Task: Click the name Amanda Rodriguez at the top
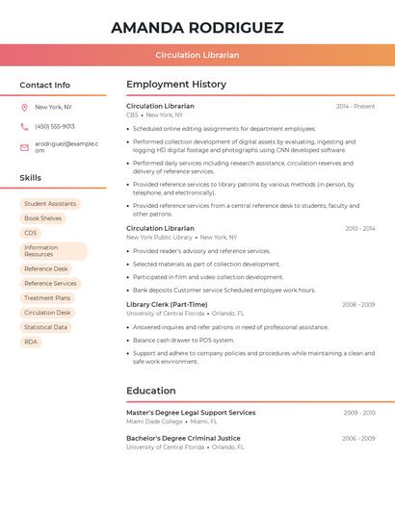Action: (197, 28)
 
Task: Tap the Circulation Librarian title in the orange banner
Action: (197, 55)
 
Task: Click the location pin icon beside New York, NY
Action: (24, 107)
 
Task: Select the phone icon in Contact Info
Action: (24, 126)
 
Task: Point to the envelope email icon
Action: (24, 146)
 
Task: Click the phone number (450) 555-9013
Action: (55, 126)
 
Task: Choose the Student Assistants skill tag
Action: (50, 204)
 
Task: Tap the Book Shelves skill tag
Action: (42, 218)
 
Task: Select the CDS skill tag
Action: (31, 233)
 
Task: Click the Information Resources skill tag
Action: (53, 251)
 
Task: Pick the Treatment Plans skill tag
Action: (47, 298)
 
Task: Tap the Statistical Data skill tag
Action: (45, 327)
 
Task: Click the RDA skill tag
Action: (31, 342)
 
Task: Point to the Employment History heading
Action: (176, 85)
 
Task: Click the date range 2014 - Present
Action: (355, 106)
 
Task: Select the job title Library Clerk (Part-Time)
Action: (167, 304)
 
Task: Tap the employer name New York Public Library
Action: (159, 237)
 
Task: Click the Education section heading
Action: (151, 391)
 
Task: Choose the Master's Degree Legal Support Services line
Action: (191, 412)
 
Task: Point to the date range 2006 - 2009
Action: (358, 438)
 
